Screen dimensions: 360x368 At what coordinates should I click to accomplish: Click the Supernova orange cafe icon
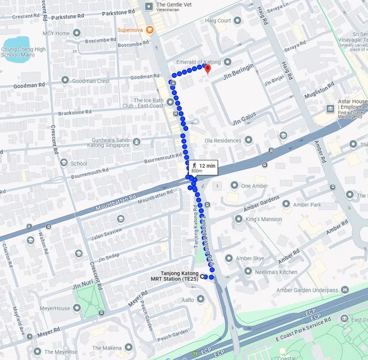tap(150, 30)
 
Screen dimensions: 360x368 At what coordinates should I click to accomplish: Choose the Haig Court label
tap(217, 21)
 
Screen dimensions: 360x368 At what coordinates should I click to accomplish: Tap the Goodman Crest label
tap(91, 81)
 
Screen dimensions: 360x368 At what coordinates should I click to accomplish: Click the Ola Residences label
tap(222, 141)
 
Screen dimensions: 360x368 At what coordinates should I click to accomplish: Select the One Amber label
tap(254, 186)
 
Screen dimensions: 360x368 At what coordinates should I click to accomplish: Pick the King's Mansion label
tap(263, 219)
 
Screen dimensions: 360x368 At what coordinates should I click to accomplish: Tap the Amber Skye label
tap(250, 259)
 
